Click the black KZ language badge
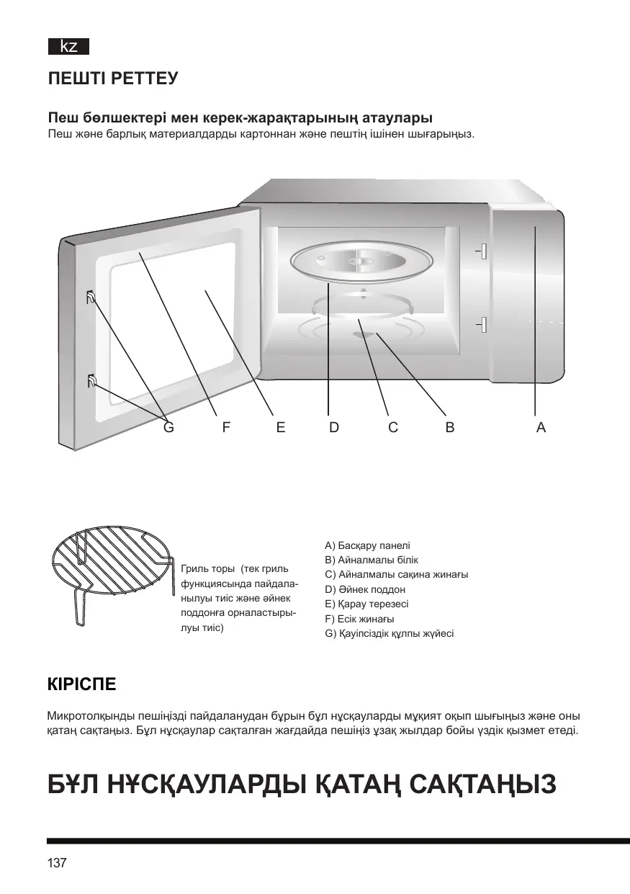[x=68, y=48]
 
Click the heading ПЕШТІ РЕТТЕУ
[x=112, y=79]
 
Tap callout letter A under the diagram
[x=541, y=427]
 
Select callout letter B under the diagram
[x=450, y=427]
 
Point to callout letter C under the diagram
[x=393, y=427]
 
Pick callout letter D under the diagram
[x=334, y=427]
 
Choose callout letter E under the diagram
[x=281, y=427]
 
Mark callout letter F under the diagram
[x=226, y=427]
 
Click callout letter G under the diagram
[x=168, y=427]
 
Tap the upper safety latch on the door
[x=91, y=297]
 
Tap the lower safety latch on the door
[x=91, y=381]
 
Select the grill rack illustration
[x=114, y=568]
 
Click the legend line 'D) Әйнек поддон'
[x=365, y=589]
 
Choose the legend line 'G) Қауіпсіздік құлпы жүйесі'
[x=390, y=633]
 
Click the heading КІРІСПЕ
[x=81, y=684]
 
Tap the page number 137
[x=57, y=863]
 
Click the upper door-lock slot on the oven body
[x=482, y=251]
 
